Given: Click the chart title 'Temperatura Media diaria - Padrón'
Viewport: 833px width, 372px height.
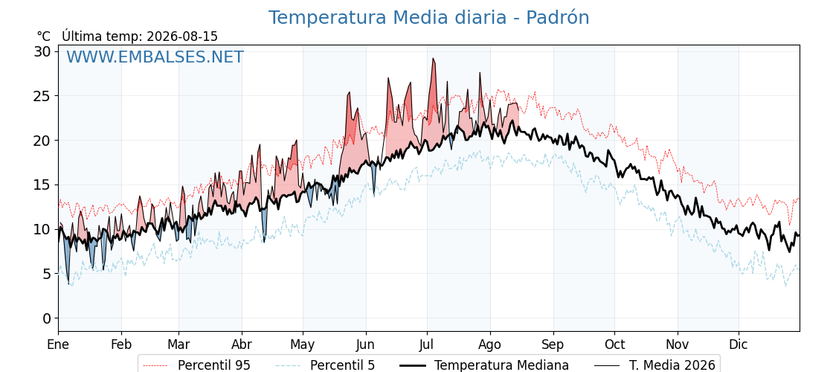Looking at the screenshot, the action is click(x=428, y=18).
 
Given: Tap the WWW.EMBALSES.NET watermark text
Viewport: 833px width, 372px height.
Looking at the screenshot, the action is click(x=155, y=57).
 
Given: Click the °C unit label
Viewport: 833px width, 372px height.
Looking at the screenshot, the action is click(x=44, y=36).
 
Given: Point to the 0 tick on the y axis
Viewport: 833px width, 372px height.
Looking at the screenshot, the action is click(x=48, y=318).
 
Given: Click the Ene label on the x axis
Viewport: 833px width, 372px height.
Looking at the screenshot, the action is click(x=59, y=344).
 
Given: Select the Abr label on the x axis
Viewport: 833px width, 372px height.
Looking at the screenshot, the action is click(x=242, y=344).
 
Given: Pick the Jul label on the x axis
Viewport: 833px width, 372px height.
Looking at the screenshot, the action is click(x=427, y=344).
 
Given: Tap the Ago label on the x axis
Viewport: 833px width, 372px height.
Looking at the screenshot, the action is click(x=490, y=344).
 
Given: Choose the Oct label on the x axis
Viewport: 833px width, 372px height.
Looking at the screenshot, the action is click(x=614, y=344).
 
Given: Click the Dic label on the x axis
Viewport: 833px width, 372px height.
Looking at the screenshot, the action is click(x=739, y=344).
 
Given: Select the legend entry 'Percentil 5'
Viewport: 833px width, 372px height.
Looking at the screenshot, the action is click(x=326, y=365).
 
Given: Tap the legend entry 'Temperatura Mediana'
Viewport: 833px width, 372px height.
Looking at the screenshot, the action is click(x=483, y=365).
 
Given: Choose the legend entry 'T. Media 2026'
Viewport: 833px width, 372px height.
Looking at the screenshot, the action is click(x=655, y=365).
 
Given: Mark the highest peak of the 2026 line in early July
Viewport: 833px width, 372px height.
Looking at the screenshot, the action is click(x=433, y=59).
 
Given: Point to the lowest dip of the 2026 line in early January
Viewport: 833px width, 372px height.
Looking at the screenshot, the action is click(x=68, y=284).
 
